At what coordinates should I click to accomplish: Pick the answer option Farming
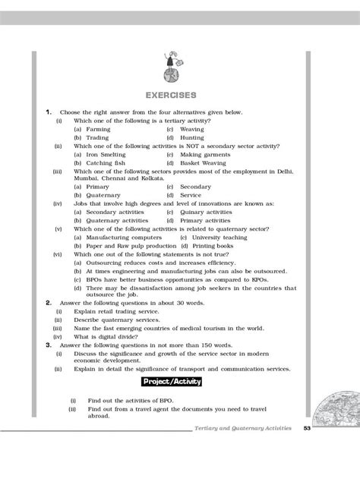pos(98,130)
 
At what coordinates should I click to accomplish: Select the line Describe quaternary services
pos(123,320)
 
